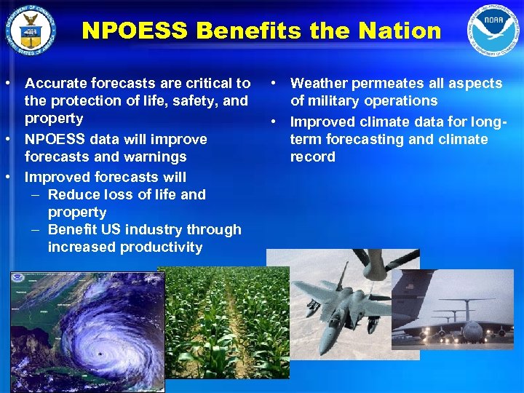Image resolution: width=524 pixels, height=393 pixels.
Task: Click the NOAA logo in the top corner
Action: (x=493, y=31)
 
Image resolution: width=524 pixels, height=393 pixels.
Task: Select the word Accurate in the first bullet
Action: (x=55, y=84)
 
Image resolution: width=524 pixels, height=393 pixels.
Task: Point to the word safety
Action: (x=186, y=101)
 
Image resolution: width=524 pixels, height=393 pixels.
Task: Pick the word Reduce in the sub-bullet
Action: (x=74, y=194)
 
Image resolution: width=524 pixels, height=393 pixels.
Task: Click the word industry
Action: (x=153, y=229)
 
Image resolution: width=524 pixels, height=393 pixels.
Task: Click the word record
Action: (x=312, y=156)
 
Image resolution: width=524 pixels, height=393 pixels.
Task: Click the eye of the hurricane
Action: (x=99, y=354)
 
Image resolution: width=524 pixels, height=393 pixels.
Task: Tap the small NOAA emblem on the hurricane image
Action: (x=17, y=279)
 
